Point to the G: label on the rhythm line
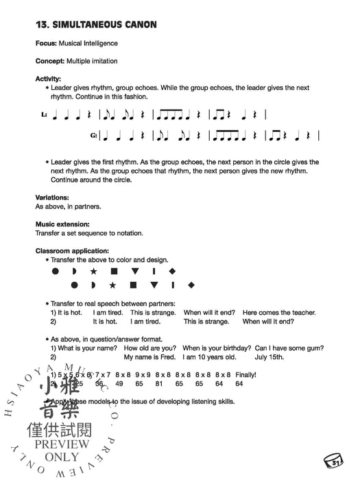[x=94, y=137]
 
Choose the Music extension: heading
[x=62, y=224]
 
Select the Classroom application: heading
[x=73, y=251]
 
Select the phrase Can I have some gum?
[x=287, y=348]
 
